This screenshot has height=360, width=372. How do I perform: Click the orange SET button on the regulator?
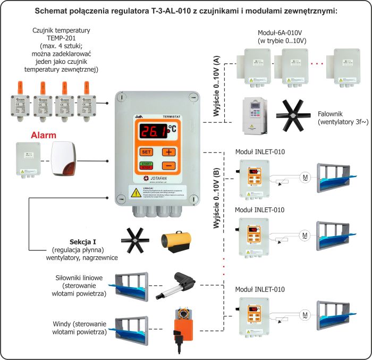pos(146,152)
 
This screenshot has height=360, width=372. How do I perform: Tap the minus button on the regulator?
pos(168,165)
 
